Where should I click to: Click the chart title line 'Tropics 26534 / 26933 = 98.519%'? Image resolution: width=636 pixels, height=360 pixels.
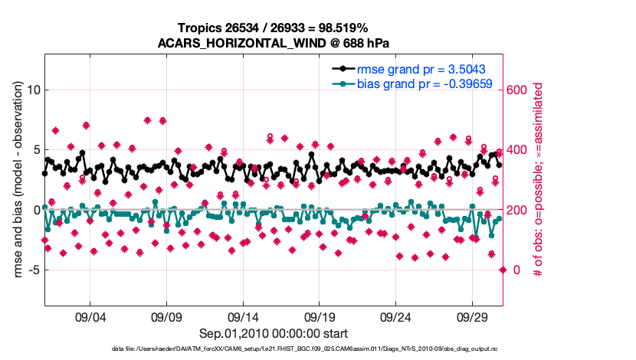pyautogui.click(x=274, y=28)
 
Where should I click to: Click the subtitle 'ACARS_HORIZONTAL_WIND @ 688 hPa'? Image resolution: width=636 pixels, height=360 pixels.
pyautogui.click(x=274, y=43)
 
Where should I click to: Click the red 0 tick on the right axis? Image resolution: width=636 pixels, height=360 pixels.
pyautogui.click(x=513, y=270)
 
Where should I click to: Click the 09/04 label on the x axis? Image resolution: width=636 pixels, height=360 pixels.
pyautogui.click(x=90, y=317)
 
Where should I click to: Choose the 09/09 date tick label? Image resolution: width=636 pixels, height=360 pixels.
pyautogui.click(x=166, y=317)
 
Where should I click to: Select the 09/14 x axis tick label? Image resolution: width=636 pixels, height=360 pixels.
pyautogui.click(x=243, y=317)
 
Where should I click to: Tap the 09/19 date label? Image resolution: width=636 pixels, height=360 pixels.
pyautogui.click(x=320, y=317)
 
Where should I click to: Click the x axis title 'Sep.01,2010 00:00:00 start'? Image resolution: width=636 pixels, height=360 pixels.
pyautogui.click(x=274, y=333)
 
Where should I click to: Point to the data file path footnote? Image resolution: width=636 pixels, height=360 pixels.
pyautogui.click(x=274, y=350)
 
